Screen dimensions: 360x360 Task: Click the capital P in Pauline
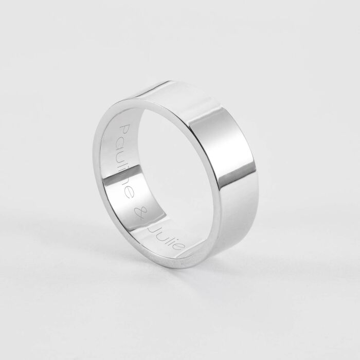pos(124,129)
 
